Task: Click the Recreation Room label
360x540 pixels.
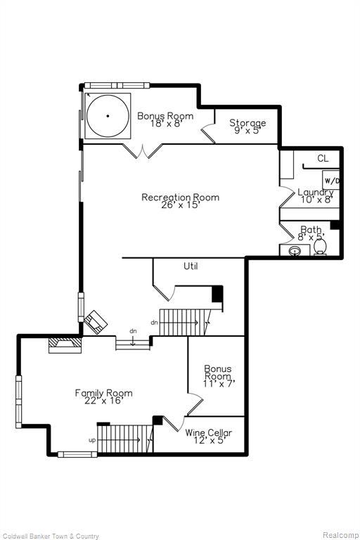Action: (x=180, y=197)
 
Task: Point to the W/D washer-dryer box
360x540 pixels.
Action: (x=331, y=181)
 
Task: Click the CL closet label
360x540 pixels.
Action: (x=322, y=159)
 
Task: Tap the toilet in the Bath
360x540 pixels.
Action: (x=321, y=247)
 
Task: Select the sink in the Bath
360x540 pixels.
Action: (x=295, y=250)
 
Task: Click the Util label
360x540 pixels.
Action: (x=191, y=266)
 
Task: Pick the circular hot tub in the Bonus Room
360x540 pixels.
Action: (x=107, y=115)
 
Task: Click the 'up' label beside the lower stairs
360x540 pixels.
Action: (x=91, y=439)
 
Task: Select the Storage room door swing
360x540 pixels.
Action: (x=207, y=134)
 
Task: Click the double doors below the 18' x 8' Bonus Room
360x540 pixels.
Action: (x=143, y=150)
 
